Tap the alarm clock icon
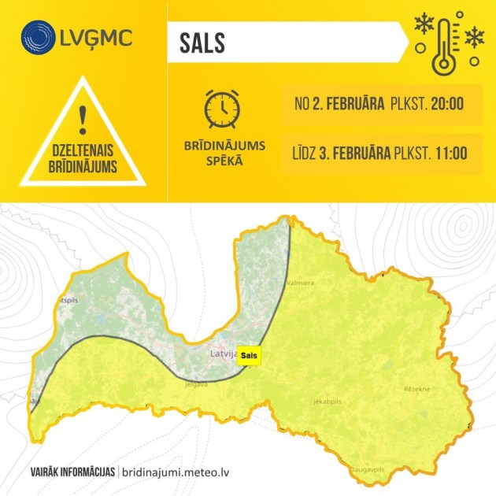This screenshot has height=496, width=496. [223, 109]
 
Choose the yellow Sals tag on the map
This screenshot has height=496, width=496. [250, 356]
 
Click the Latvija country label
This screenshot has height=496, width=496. [224, 354]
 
